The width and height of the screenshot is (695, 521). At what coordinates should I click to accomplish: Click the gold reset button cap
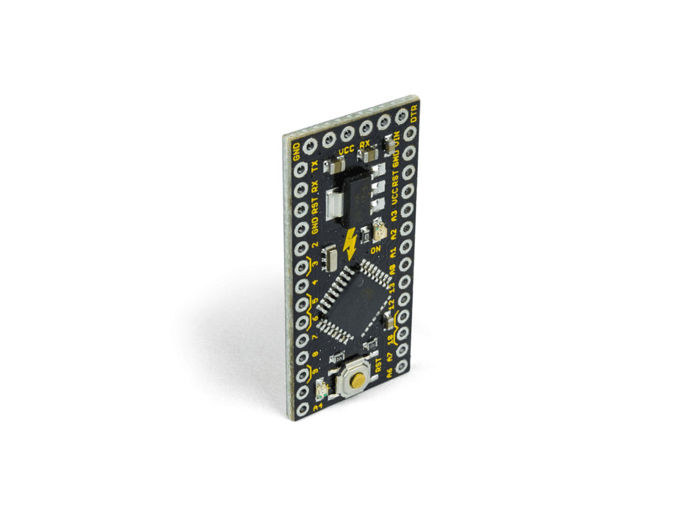[359, 380]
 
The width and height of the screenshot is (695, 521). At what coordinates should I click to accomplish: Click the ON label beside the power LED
[376, 250]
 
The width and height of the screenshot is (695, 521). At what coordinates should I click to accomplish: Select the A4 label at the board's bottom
[317, 408]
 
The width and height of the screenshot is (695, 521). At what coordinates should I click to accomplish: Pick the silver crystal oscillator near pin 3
[332, 257]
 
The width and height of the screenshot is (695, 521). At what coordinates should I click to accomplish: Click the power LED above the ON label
[379, 233]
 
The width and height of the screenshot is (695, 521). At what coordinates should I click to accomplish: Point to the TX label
[315, 167]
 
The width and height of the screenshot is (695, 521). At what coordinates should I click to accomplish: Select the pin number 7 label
[315, 337]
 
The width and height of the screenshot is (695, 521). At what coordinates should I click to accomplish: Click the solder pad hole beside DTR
[401, 118]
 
